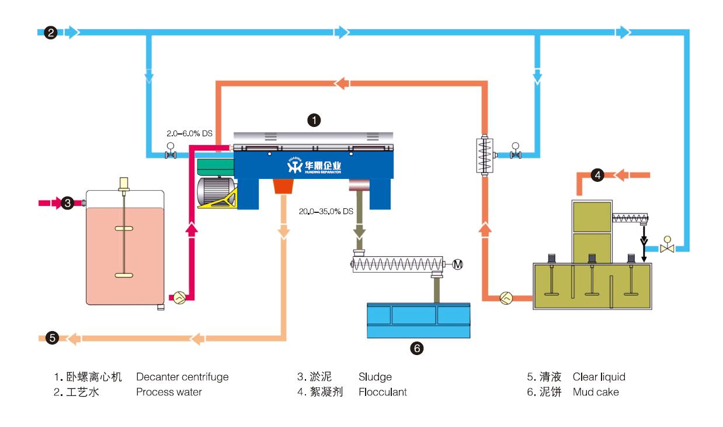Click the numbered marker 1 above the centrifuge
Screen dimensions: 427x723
(x=315, y=121)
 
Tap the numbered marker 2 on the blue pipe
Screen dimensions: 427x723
(x=51, y=33)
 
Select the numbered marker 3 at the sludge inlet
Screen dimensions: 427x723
(x=68, y=204)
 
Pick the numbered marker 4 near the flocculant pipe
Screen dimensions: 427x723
(x=597, y=175)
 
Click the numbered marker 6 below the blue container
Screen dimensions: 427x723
(x=416, y=348)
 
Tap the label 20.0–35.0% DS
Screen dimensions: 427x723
(x=326, y=211)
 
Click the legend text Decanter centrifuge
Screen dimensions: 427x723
(x=182, y=377)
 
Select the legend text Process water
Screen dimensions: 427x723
(x=169, y=392)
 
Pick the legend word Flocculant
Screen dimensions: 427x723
(x=383, y=392)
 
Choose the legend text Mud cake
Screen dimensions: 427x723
(x=596, y=392)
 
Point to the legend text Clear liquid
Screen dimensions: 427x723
(x=599, y=377)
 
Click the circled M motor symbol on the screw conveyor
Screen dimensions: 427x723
(x=458, y=264)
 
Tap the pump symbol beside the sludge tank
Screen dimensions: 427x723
(x=179, y=298)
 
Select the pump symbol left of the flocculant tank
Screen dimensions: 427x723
(x=506, y=298)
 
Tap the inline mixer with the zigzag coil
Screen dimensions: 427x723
(x=484, y=155)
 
